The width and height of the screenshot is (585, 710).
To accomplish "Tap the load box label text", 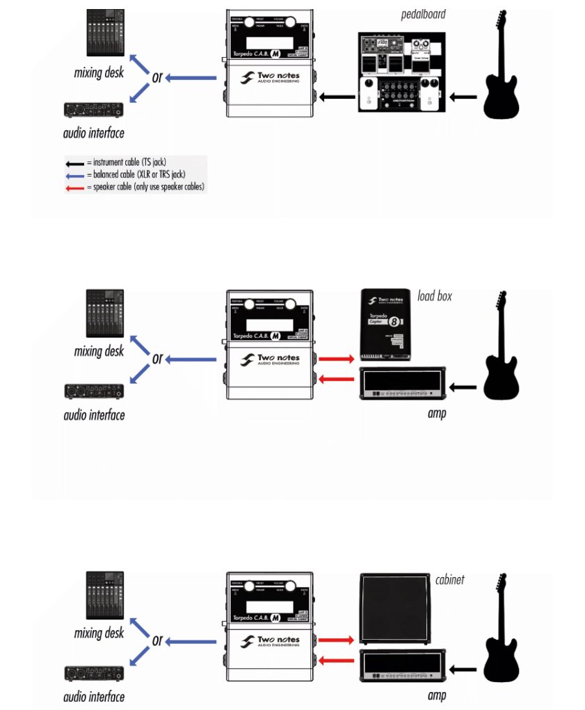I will (x=435, y=296).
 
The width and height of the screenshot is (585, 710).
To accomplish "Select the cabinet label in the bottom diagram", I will (x=451, y=579).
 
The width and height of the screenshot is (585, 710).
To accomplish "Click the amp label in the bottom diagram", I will (x=437, y=695).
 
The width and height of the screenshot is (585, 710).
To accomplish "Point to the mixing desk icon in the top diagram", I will (x=105, y=33).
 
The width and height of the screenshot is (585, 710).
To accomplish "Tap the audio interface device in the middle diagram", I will (x=94, y=391).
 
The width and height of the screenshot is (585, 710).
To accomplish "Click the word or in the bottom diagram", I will (x=158, y=640).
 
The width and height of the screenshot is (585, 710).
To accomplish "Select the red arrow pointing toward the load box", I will (x=335, y=358).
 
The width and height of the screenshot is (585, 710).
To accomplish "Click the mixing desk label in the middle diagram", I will (x=99, y=351).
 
